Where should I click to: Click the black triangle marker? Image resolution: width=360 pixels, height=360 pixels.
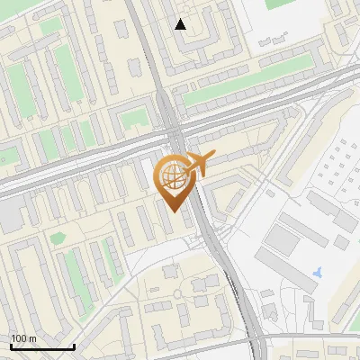click(x=181, y=24)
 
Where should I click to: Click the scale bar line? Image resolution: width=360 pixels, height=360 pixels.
click(x=42, y=347)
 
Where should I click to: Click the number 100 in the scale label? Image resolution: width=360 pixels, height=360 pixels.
click(x=19, y=338)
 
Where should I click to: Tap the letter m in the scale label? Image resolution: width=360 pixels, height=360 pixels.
click(x=32, y=338)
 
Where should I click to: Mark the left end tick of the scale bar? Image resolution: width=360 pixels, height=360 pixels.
click(x=11, y=346)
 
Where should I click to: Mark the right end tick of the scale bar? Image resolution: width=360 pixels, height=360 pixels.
click(x=74, y=346)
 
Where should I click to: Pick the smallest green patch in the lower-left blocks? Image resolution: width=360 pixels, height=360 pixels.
click(x=58, y=238)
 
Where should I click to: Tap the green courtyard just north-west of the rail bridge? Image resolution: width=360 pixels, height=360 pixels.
click(x=136, y=117)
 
